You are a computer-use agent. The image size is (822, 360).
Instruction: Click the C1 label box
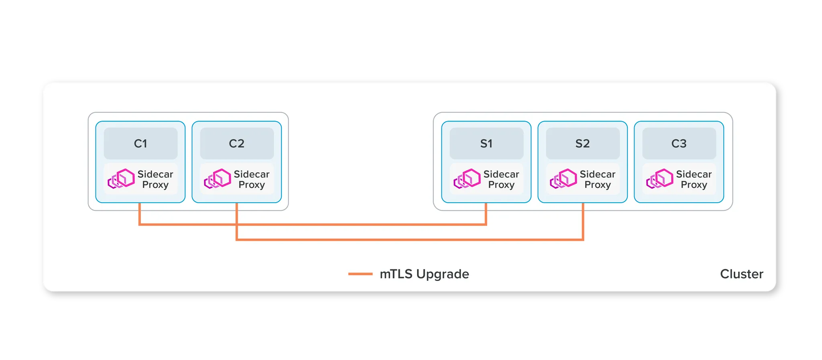point(140,143)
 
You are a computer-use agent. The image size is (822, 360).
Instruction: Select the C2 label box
point(237,143)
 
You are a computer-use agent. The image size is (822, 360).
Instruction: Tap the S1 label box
point(486,143)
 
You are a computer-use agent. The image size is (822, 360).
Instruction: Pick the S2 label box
point(583,143)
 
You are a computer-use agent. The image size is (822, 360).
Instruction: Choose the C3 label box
point(679,143)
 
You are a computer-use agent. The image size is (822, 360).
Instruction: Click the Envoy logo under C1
point(121,179)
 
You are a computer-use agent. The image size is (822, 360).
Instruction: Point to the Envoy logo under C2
point(218,179)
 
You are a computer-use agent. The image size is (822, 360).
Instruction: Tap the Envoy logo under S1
point(467,179)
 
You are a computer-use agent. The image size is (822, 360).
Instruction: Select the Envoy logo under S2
point(564,179)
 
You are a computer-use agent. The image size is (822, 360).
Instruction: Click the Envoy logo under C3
point(660,179)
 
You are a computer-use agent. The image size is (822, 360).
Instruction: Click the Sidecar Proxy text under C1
point(155,179)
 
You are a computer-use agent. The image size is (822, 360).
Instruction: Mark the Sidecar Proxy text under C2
point(252,179)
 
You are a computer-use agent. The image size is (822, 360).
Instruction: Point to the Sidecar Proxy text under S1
point(501,179)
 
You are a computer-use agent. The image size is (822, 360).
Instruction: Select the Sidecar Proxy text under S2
point(598,179)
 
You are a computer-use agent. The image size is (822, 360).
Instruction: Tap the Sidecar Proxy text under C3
point(694,179)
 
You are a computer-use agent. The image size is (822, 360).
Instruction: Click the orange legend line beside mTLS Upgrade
point(360,274)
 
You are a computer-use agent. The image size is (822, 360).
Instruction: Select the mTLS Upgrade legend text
point(424,274)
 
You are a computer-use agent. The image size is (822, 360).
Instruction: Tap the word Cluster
point(742,274)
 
